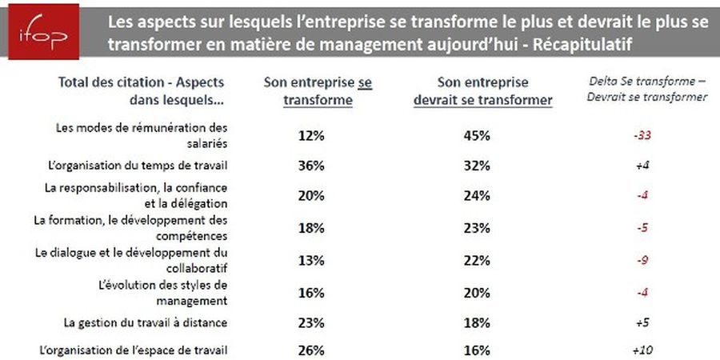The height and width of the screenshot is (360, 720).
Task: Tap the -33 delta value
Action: (639, 136)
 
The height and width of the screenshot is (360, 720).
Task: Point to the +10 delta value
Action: (639, 350)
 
